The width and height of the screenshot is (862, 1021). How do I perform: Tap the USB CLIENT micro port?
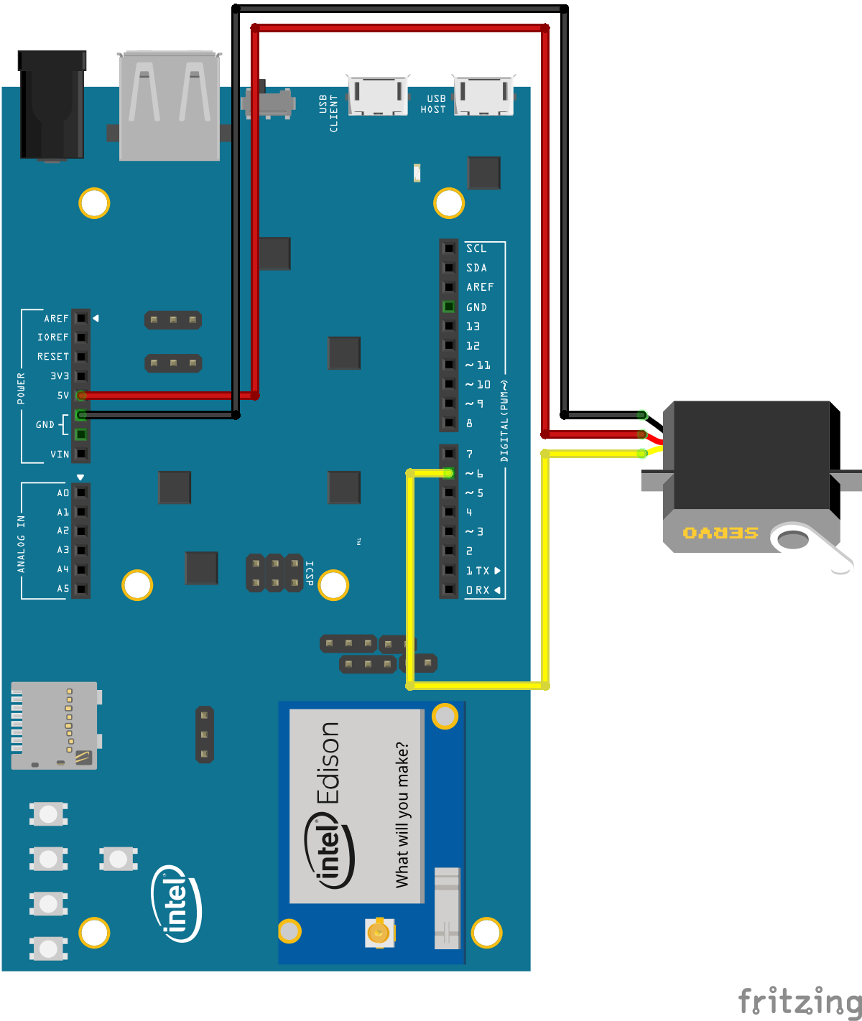(x=378, y=94)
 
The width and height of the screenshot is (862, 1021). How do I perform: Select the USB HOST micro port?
(x=483, y=94)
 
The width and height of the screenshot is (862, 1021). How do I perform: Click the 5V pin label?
(x=63, y=396)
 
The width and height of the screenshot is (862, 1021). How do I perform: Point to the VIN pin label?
(x=60, y=454)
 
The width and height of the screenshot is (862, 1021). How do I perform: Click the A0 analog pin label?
(x=63, y=493)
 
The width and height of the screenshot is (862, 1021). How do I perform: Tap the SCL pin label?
(x=476, y=248)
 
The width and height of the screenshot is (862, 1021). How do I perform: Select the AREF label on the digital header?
(x=480, y=287)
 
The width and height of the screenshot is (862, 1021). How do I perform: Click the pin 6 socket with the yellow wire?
(x=448, y=473)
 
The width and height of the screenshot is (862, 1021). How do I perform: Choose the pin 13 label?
(x=473, y=327)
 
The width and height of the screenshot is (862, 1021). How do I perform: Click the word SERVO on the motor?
(x=720, y=533)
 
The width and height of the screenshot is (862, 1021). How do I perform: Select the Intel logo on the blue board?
(x=176, y=903)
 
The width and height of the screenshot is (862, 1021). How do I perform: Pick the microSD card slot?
(x=55, y=725)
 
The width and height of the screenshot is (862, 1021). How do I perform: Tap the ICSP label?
(x=310, y=572)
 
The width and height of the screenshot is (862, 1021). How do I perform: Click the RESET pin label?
(x=53, y=357)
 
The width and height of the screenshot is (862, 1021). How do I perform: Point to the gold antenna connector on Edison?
(x=378, y=932)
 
